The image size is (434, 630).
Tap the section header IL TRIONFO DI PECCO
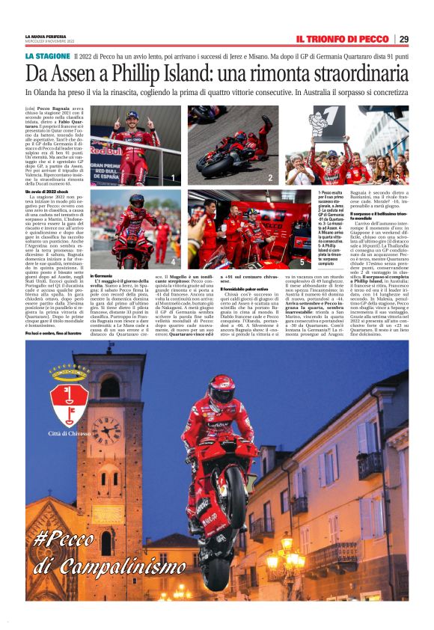341,39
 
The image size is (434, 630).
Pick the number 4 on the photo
174,263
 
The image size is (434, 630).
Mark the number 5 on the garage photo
302,263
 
